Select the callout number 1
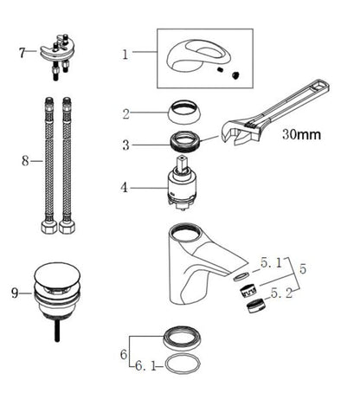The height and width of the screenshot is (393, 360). click(x=125, y=55)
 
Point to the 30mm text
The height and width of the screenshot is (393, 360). click(x=301, y=134)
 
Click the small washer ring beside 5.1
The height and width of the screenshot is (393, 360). click(x=241, y=276)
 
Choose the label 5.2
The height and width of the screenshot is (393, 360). click(x=281, y=293)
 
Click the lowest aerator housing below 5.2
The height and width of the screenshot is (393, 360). click(x=255, y=306)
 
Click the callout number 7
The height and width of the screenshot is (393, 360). click(x=22, y=53)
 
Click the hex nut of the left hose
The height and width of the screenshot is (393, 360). click(x=49, y=227)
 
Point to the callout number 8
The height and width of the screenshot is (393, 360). click(x=25, y=161)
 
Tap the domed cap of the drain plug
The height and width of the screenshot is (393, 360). click(x=57, y=274)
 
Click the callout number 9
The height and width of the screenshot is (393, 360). click(x=15, y=293)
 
